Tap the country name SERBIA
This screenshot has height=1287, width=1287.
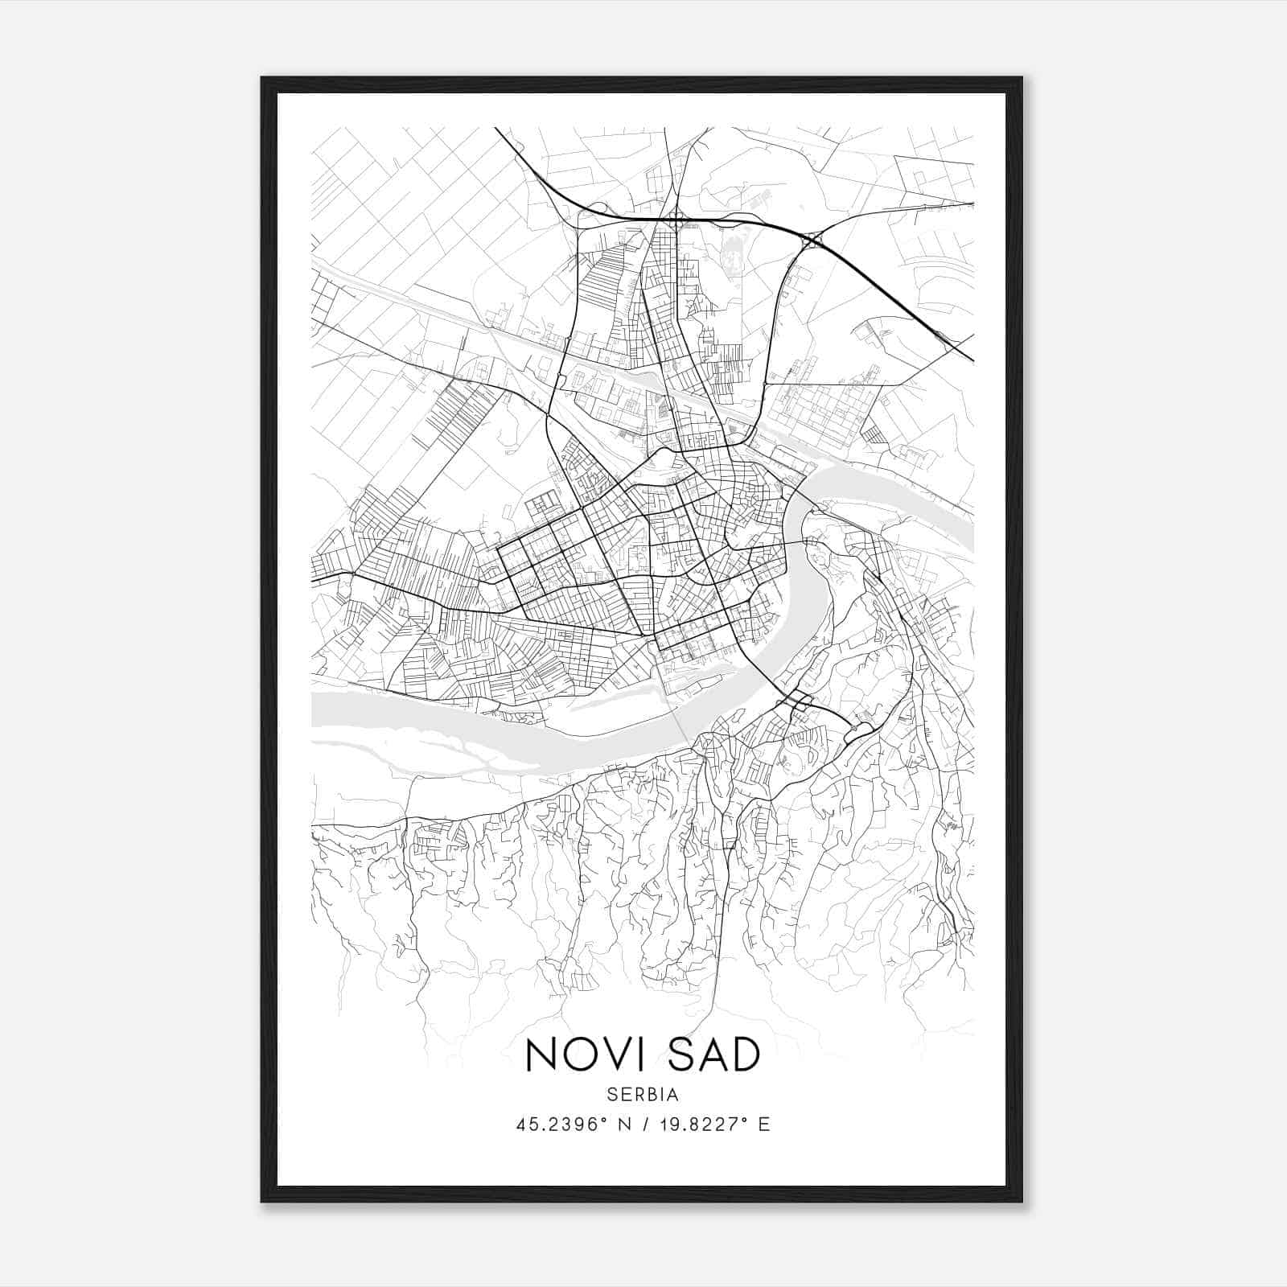(x=643, y=1095)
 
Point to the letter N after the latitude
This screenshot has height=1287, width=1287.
(x=622, y=1124)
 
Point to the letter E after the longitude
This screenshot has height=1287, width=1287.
(x=764, y=1124)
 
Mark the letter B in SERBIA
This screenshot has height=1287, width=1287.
(x=653, y=1095)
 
